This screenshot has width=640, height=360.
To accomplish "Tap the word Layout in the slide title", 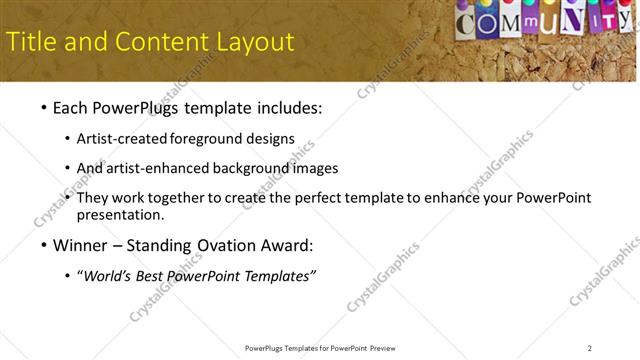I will click(x=254, y=42).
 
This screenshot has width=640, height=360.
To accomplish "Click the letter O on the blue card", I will click(x=491, y=22).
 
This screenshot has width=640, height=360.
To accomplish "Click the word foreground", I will click(x=208, y=138).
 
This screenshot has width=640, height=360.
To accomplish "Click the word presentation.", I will click(x=120, y=214).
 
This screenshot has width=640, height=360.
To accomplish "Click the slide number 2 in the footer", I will click(x=590, y=348).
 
